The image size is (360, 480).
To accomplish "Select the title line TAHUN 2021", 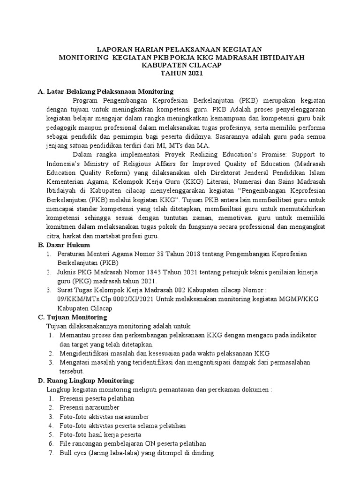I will click(x=180, y=74).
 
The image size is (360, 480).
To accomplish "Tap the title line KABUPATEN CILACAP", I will click(x=180, y=66).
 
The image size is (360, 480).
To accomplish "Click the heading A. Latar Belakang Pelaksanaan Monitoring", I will click(x=105, y=91).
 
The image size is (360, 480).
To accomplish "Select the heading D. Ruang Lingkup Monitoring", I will click(x=86, y=381).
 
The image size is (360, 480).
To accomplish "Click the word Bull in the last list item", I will click(x=66, y=453).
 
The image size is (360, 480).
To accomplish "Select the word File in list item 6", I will click(x=65, y=443).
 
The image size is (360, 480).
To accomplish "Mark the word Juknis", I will click(x=68, y=272).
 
